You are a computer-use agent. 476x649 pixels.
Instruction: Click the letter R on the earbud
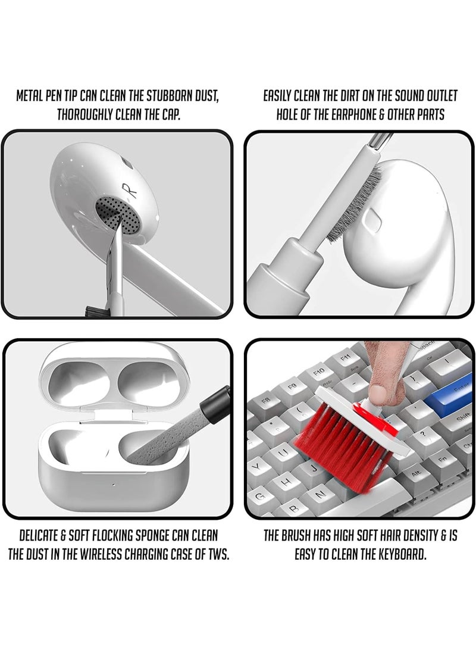131,191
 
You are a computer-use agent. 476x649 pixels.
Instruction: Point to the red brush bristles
351,441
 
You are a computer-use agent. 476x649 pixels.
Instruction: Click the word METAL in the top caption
32,96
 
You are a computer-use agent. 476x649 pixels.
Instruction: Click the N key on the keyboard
322,494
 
